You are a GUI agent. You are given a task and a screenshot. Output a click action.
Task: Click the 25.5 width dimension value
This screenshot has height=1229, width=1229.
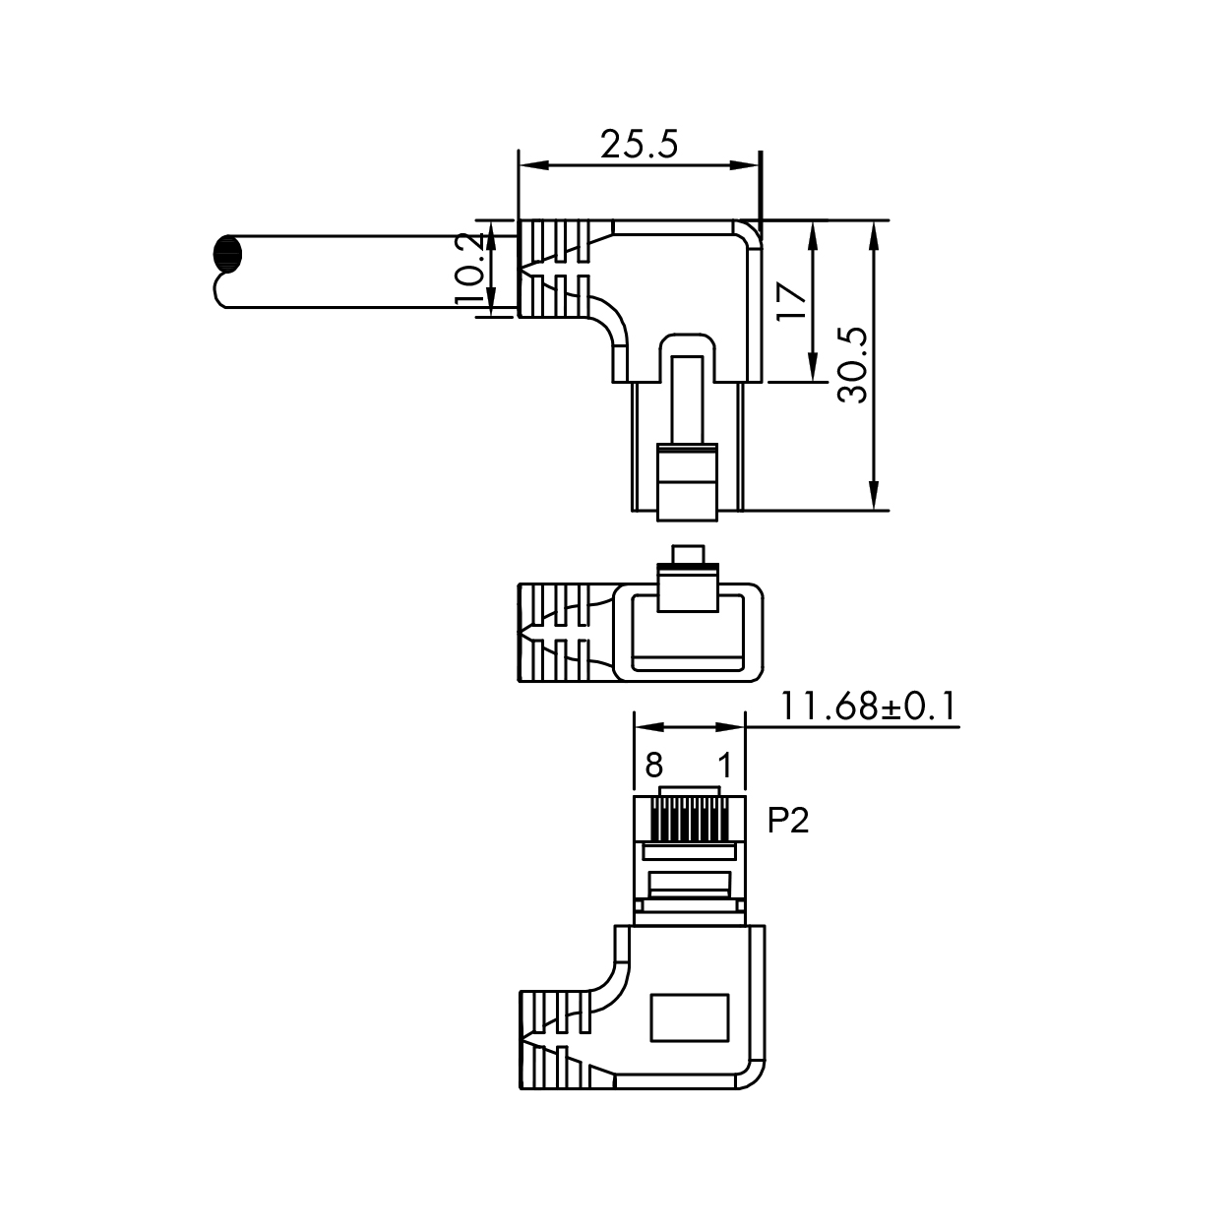[640, 145]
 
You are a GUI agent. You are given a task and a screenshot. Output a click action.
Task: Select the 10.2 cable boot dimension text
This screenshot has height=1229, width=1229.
[471, 268]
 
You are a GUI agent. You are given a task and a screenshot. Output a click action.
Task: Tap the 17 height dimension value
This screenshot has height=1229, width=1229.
[791, 300]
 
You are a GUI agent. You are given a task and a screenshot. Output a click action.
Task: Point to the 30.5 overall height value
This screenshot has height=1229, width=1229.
[853, 365]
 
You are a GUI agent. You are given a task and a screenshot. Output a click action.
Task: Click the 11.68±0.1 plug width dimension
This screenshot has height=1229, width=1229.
[869, 707]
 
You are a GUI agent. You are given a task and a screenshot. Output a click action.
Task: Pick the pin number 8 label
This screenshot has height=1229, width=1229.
[653, 765]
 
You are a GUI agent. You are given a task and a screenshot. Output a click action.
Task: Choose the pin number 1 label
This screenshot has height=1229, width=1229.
[724, 765]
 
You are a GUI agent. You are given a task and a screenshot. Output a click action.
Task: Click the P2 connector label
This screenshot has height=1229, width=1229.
[787, 820]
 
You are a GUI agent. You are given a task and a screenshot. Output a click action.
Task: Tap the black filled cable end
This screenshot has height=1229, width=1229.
[225, 254]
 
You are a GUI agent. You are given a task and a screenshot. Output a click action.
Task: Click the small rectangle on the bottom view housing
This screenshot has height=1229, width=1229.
[689, 1016]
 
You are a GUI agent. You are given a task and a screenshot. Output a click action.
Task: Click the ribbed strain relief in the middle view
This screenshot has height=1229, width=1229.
[554, 633]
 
